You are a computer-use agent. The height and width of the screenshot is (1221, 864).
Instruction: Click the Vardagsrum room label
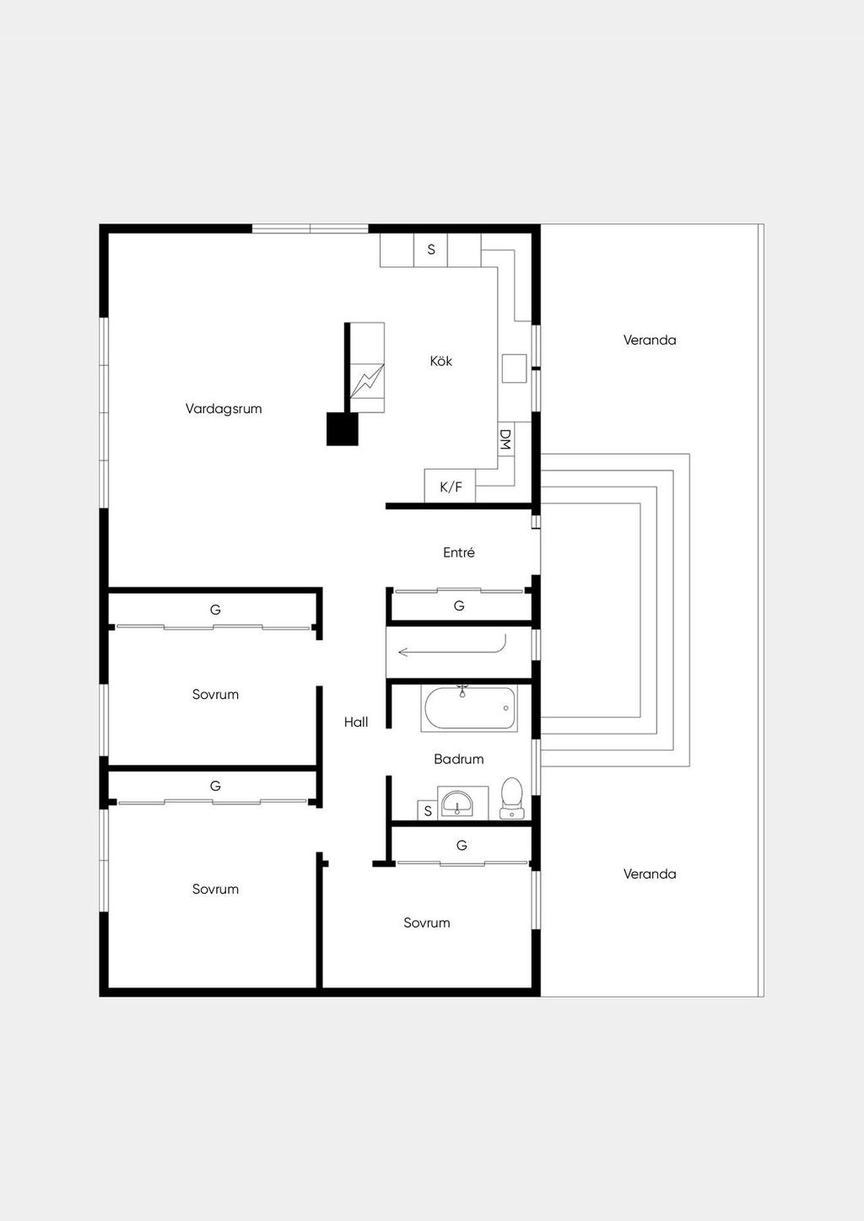pos(224,409)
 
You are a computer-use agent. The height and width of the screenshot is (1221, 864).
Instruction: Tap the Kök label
pos(440,361)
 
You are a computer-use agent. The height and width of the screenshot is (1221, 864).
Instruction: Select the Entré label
pos(459,552)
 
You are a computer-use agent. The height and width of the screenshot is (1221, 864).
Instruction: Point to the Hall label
pos(355,723)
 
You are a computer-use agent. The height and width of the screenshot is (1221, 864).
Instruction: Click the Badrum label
pos(459,759)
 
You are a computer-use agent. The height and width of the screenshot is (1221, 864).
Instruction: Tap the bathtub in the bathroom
pos(470,708)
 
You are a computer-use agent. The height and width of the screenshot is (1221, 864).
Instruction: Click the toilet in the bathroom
pos(511,799)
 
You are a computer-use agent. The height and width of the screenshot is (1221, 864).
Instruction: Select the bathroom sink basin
pos(457,803)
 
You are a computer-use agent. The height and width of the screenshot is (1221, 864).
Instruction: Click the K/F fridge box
pos(450,486)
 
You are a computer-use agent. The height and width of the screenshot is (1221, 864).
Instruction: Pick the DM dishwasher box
pos(506,440)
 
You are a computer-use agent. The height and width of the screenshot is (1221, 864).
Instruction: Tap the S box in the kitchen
pos(430,250)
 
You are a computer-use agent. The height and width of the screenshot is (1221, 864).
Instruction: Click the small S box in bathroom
pos(428,810)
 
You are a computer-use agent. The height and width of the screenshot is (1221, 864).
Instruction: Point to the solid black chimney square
pos(343,429)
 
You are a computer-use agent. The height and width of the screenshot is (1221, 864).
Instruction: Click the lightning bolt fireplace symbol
pos(367,381)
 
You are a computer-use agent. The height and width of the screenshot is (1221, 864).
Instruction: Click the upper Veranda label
pos(650,340)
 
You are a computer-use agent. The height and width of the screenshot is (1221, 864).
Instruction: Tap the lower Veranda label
pos(650,874)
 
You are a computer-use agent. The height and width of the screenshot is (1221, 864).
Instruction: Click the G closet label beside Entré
pos(459,605)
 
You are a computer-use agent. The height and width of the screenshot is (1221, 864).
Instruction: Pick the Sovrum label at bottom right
pos(427,922)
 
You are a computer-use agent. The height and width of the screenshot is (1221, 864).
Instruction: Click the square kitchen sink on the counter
pos(514,368)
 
